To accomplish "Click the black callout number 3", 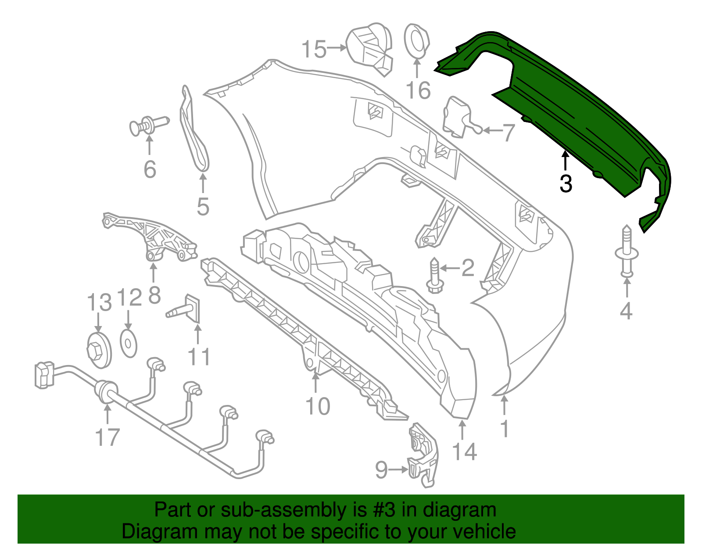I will coord(566,184).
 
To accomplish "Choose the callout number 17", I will coord(107,437).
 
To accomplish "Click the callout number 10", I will coord(318,406).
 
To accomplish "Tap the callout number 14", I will coord(464,451).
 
